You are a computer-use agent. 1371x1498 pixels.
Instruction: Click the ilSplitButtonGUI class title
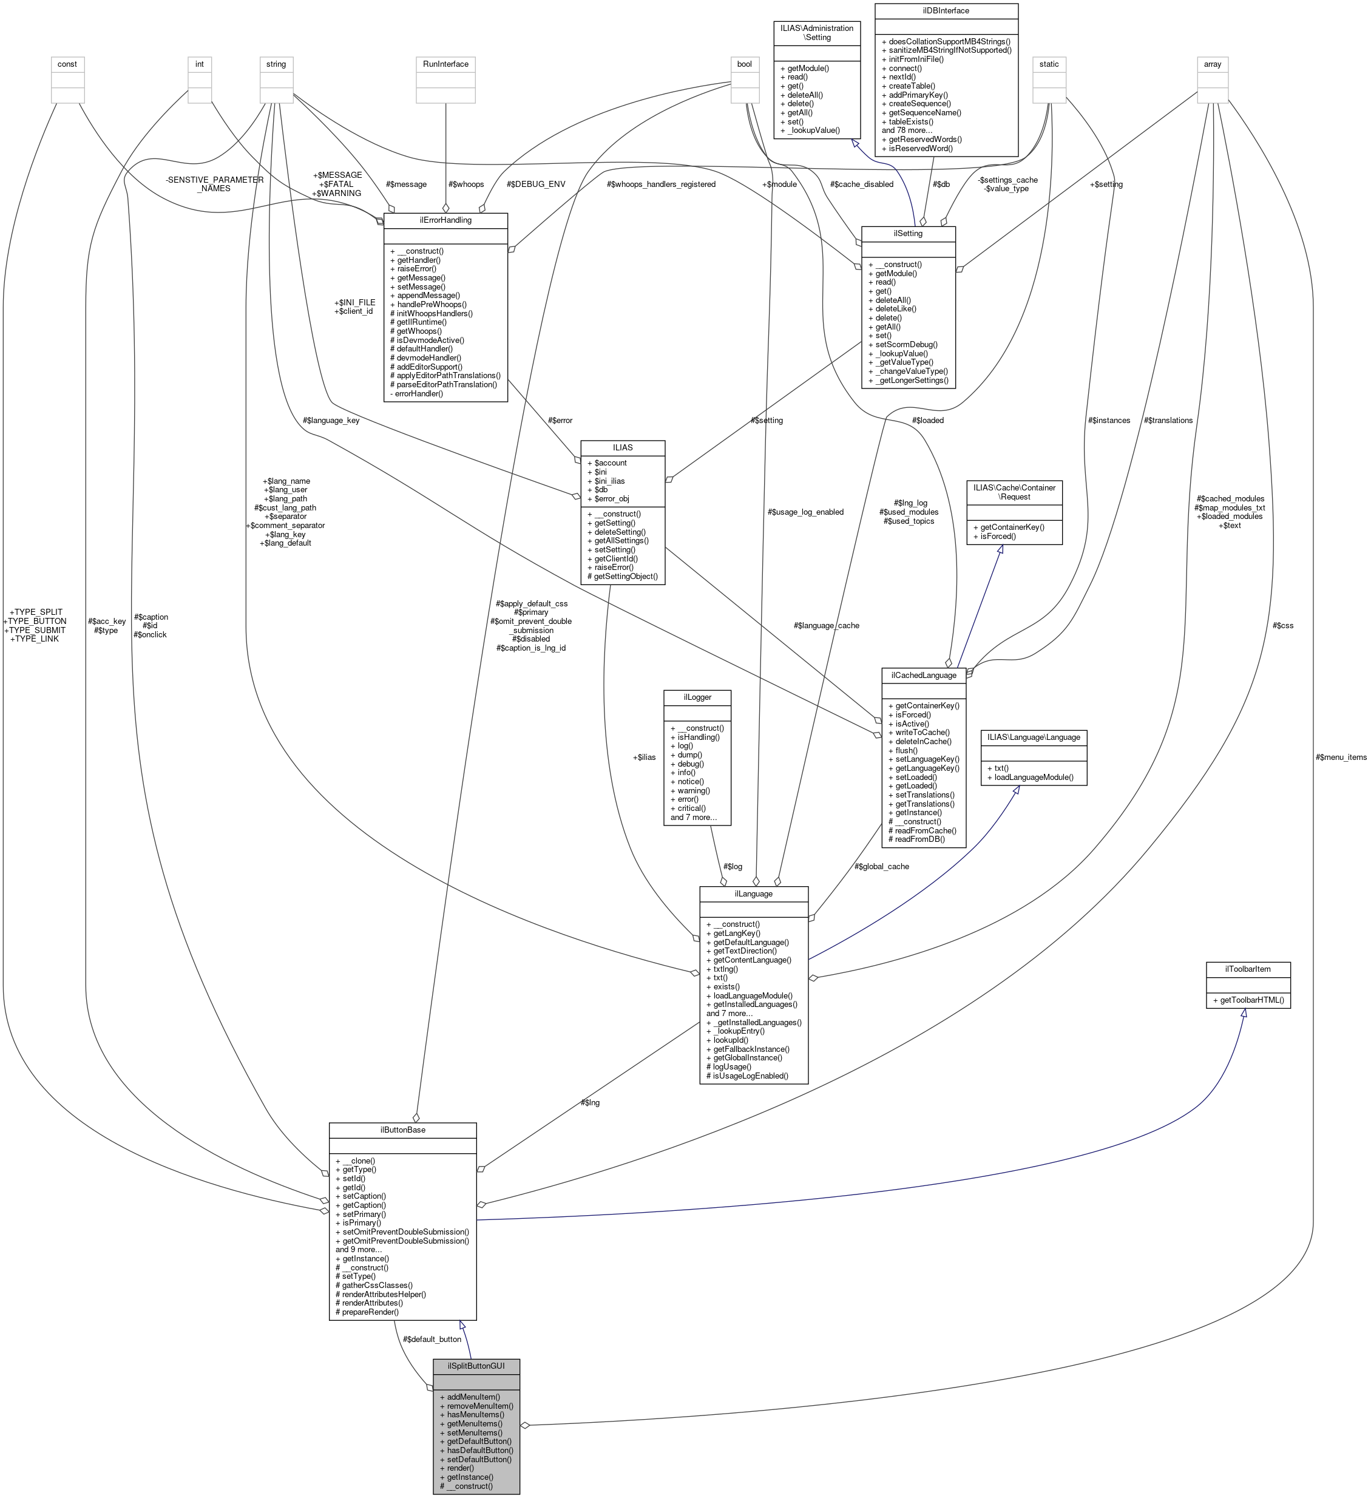476,1366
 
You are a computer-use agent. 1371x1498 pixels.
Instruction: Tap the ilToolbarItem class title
1248,969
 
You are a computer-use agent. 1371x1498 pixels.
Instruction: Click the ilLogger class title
697,697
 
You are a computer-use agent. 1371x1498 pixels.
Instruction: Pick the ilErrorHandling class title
445,220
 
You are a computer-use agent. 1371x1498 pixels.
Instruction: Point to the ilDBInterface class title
946,11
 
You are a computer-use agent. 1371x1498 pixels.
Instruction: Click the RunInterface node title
445,64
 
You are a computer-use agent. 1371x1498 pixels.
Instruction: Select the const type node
67,64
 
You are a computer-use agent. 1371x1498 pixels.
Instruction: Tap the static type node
1049,64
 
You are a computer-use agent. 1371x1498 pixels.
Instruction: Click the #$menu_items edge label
1340,757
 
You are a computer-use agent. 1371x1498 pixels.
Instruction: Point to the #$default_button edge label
432,1339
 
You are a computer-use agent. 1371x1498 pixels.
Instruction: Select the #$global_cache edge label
881,866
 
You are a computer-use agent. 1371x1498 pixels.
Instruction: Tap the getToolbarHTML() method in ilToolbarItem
1248,1000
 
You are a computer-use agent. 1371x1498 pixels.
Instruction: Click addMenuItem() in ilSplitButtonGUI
473,1397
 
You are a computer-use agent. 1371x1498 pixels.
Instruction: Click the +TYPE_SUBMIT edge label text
35,630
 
